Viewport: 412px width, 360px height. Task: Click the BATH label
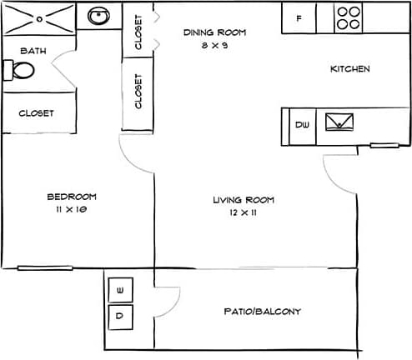click(33, 51)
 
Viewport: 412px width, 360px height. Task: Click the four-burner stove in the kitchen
click(349, 18)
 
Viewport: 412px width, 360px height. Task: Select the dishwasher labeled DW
click(302, 124)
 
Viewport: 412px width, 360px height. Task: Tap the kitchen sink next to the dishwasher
click(339, 123)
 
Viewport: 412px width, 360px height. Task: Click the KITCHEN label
click(349, 69)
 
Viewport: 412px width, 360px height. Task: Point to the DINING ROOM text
click(215, 33)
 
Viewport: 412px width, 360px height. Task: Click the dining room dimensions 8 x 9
click(215, 46)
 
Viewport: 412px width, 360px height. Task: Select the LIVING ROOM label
click(243, 200)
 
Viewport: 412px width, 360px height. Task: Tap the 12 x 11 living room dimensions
click(243, 213)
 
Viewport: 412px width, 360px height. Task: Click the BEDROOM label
click(71, 197)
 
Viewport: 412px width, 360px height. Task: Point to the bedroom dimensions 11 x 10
click(71, 210)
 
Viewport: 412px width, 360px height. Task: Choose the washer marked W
click(120, 289)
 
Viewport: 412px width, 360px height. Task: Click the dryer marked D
click(120, 316)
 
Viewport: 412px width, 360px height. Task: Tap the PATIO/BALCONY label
click(263, 312)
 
